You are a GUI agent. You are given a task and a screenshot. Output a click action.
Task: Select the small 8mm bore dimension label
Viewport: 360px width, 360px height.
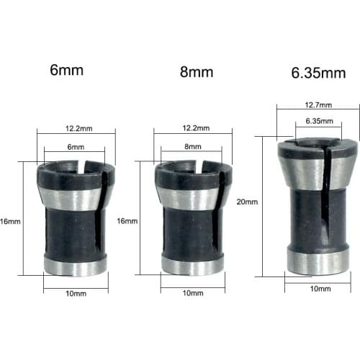coord(193,146)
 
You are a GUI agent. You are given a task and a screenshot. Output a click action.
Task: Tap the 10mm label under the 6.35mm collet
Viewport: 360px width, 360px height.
coord(320,288)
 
